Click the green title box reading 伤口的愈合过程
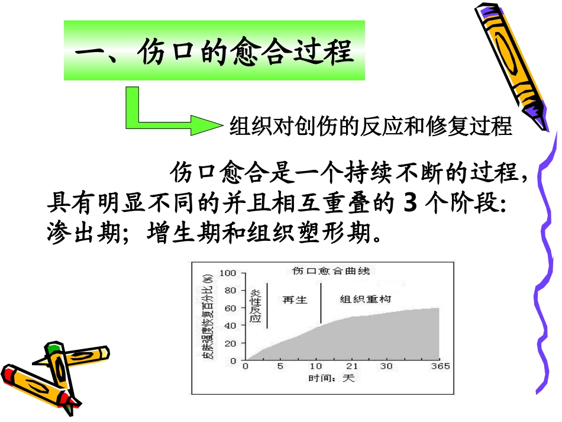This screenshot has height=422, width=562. coord(214,51)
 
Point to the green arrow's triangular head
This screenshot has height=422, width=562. coord(207,125)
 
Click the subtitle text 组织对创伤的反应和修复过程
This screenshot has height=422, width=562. coord(370,127)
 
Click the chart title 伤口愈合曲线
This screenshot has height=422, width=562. coord(331,270)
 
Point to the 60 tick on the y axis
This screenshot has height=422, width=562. coord(230,308)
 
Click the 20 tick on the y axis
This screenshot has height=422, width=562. coord(230,343)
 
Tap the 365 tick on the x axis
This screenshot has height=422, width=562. coord(439,366)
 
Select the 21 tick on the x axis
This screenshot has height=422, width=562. coord(353,366)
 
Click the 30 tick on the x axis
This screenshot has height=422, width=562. coord(386,366)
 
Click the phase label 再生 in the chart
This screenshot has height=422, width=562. coord(295,300)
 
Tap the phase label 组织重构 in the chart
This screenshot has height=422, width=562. coord(365,299)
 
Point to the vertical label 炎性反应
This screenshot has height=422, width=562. coord(256,306)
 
